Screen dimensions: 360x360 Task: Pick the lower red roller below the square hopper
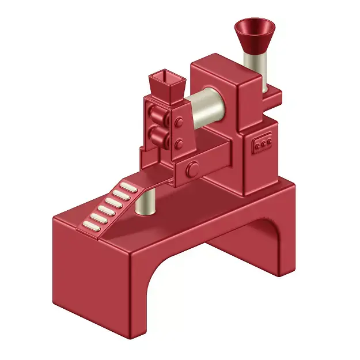click(157, 137)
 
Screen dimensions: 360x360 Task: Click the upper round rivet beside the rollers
click(179, 122)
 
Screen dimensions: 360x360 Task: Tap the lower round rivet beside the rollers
click(179, 142)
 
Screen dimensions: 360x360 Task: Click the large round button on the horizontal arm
click(193, 169)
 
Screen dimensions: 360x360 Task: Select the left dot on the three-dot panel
click(257, 146)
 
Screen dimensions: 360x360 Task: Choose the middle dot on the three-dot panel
click(263, 143)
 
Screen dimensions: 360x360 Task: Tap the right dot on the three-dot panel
click(269, 141)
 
